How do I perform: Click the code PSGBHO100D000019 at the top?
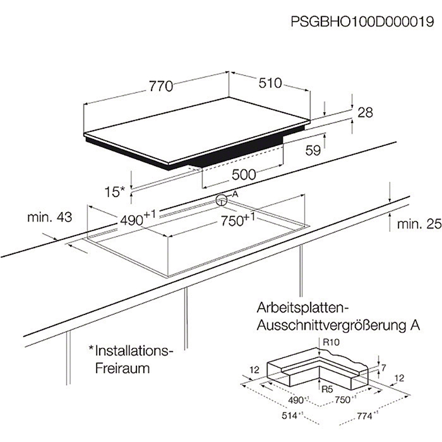pos(362,21)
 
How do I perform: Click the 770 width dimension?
pos(160,87)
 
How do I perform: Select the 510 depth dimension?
pos(270,83)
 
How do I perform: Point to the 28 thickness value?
pos(365,112)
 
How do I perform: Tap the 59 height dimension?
pos(313,150)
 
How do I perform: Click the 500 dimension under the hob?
pos(244,175)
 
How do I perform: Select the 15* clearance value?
pos(114,192)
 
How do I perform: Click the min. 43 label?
pos(50,217)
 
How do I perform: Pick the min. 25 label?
pos(419,224)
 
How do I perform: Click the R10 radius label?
pos(331,342)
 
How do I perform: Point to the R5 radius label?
pos(327,390)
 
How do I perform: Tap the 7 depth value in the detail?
pos(383,367)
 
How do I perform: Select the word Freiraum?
pos(122,368)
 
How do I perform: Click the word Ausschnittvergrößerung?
pos(331,326)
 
